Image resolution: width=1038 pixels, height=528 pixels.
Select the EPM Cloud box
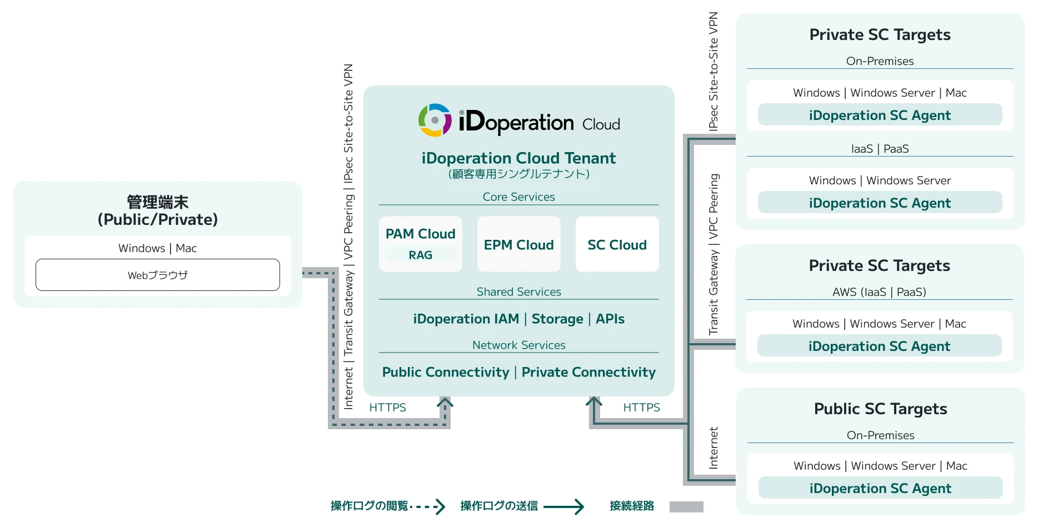[x=518, y=244]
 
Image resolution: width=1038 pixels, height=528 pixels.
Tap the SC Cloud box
[x=617, y=244]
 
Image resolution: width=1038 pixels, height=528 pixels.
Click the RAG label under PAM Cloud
[x=420, y=255]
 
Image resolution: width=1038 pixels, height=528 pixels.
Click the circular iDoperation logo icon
[x=435, y=120]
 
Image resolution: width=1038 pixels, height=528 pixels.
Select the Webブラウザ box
[x=157, y=275]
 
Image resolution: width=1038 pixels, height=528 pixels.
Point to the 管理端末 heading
[x=157, y=202]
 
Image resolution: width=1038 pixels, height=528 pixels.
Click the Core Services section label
[x=518, y=197]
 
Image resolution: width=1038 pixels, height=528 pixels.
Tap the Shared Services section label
[x=518, y=291]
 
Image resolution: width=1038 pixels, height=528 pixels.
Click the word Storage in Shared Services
[x=557, y=319]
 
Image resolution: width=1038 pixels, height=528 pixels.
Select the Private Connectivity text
[x=588, y=372]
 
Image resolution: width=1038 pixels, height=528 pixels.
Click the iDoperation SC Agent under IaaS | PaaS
[x=880, y=203]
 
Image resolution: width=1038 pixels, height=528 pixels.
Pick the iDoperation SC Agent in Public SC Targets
[x=880, y=488]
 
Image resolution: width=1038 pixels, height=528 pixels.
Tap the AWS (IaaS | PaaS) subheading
[x=879, y=291]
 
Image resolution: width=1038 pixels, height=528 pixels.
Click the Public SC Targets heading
[x=880, y=409]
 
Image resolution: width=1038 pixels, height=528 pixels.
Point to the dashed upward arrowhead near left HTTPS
[x=445, y=402]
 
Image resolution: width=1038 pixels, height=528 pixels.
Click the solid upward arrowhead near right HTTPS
[x=594, y=402]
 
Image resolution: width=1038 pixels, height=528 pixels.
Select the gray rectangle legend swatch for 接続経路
[x=686, y=506]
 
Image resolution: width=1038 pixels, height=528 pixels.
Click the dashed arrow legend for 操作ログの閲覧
[x=428, y=506]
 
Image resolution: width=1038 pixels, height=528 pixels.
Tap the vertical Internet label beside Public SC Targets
[x=713, y=447]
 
